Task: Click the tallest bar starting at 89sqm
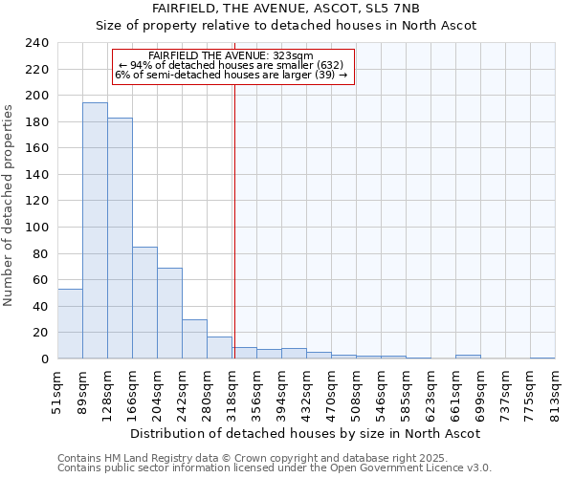pos(95,230)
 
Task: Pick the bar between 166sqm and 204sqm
pos(144,302)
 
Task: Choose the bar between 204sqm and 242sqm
pos(169,313)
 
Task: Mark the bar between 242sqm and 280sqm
pos(194,338)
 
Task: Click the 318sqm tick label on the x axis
pos(232,392)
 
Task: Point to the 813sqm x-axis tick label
pos(555,392)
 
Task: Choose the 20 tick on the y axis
pos(40,333)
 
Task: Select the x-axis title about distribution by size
pos(304,433)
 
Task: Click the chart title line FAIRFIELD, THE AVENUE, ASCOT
pos(286,9)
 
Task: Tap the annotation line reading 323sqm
pos(231,55)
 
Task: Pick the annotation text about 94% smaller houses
pos(231,65)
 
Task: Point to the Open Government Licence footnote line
pos(275,467)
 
